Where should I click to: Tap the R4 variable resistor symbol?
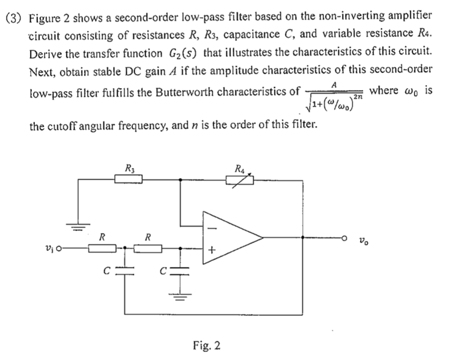pyautogui.click(x=239, y=179)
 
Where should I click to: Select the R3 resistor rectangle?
pyautogui.click(x=129, y=179)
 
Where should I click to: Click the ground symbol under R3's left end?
pyautogui.click(x=78, y=227)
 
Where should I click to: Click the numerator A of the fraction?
pyautogui.click(x=334, y=83)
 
